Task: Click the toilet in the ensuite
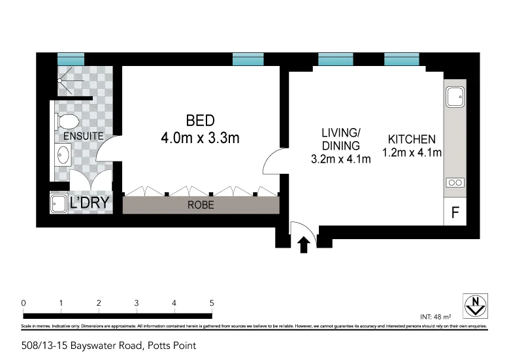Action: point(67,121)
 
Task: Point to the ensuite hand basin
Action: point(64,155)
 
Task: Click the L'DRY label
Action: point(88,203)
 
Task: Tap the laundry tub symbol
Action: point(59,203)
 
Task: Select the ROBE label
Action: point(201,205)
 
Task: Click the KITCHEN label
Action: point(412,139)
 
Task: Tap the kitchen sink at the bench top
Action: point(455,98)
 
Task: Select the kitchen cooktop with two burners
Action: point(455,183)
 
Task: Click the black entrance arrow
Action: point(303,245)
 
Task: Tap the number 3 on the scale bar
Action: point(136,303)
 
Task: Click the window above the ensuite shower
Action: point(70,59)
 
